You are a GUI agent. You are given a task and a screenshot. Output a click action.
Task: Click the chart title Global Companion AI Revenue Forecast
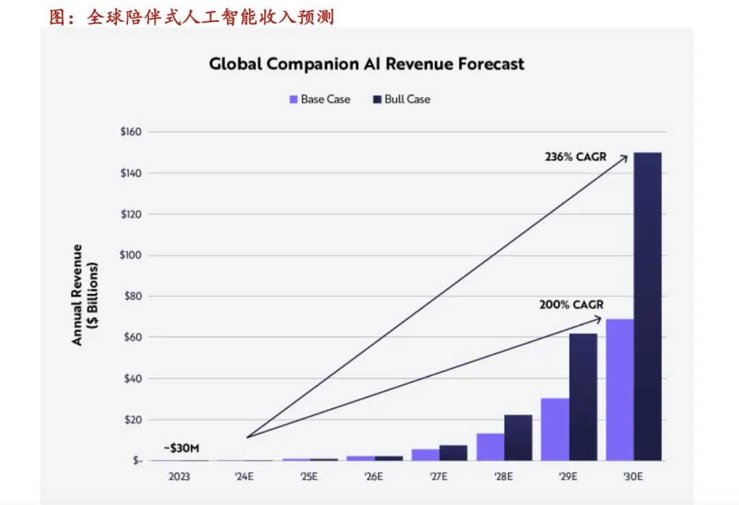[x=367, y=64]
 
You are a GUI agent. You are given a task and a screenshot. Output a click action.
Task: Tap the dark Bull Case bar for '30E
[x=647, y=306]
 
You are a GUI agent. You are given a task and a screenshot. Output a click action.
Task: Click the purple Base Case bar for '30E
[x=620, y=389]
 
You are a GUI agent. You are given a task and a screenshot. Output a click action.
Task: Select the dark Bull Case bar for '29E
[x=583, y=397]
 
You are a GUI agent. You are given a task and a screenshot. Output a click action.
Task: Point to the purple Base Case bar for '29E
[x=555, y=429]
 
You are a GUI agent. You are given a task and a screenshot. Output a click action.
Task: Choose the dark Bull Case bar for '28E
[x=518, y=437]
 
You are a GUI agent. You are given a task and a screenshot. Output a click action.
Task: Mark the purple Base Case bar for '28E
[x=491, y=447]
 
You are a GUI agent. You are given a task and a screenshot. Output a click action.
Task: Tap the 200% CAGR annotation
[x=571, y=304]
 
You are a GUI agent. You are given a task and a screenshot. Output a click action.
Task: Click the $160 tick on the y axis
[x=130, y=132]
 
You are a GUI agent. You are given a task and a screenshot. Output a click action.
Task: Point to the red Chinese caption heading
[x=192, y=16]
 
